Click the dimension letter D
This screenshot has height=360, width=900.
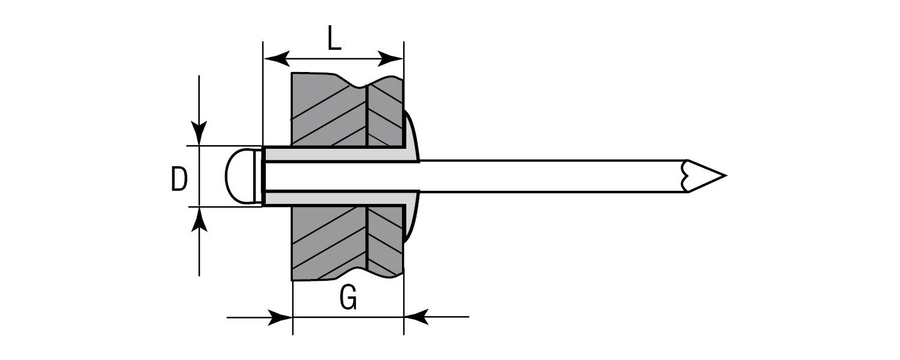[179, 179]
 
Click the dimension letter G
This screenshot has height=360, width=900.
[348, 298]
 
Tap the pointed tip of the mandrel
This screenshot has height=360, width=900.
[723, 176]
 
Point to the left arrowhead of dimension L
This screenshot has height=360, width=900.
[276, 59]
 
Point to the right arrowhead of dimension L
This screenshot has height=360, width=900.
[391, 59]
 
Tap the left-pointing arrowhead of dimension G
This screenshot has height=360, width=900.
[416, 317]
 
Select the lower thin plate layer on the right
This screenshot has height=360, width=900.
[385, 240]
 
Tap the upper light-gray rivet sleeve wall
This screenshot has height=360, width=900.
[336, 154]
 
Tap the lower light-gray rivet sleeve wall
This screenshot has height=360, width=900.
[336, 199]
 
